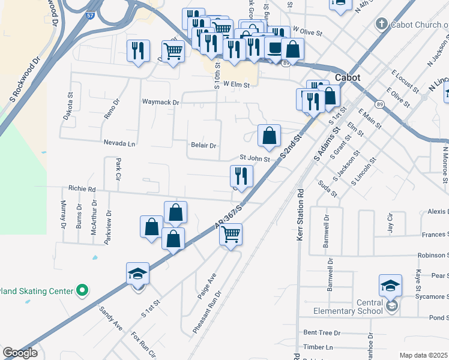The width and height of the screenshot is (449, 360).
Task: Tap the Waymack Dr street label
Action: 160,103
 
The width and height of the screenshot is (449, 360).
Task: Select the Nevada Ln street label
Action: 119,143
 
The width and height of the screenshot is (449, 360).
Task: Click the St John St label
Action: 255,158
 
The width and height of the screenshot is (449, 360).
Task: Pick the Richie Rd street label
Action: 82,188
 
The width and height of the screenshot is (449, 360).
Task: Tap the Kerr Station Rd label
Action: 301,214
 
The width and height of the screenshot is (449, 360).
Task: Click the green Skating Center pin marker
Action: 82,292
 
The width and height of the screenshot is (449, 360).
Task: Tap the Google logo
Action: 20,353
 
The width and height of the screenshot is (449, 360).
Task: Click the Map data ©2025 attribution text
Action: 424,355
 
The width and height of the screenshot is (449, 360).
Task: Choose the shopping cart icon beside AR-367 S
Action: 231,235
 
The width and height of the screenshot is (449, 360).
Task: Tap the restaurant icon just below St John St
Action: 241,176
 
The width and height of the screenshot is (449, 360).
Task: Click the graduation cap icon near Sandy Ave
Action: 137,274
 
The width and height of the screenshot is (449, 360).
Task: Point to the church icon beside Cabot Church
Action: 381,24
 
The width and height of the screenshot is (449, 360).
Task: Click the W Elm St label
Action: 236,85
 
